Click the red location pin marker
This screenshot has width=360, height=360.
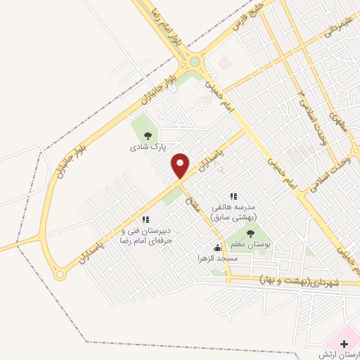point(181,165)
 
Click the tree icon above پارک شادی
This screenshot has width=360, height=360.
point(147,136)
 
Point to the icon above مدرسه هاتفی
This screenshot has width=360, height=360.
point(233,196)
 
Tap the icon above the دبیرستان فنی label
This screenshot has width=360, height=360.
point(146,220)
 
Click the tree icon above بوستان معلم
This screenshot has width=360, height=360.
point(251,233)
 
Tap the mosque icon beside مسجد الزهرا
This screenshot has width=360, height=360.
point(217,247)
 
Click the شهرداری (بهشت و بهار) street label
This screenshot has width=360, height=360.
point(298,282)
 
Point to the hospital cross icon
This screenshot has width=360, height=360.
point(344,344)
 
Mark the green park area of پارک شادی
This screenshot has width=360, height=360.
point(144,127)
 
